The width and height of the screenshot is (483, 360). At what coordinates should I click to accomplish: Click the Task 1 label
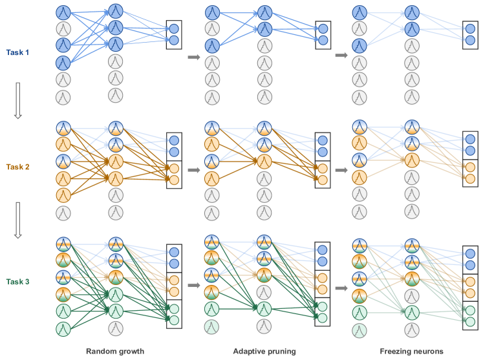click(x=17, y=52)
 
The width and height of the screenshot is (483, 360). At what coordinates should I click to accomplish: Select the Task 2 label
click(x=17, y=167)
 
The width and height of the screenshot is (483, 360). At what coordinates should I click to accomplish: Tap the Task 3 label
click(x=17, y=282)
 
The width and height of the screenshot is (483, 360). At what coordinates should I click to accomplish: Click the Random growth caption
click(x=115, y=351)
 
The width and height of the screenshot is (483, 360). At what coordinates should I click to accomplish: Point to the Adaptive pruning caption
click(x=264, y=351)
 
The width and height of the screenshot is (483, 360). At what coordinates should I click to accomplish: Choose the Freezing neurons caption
click(x=411, y=351)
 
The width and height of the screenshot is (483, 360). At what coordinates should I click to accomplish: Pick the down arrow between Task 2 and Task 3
click(x=18, y=220)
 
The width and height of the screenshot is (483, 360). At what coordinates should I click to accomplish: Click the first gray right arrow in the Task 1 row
click(x=193, y=58)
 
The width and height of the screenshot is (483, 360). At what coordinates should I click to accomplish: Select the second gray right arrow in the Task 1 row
click(x=341, y=56)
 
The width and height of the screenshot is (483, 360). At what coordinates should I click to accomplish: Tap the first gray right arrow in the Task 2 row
click(x=193, y=171)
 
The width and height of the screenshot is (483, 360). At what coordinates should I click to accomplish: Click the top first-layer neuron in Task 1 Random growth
click(x=63, y=12)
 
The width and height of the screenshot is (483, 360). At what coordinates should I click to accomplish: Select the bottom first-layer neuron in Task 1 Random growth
click(x=63, y=98)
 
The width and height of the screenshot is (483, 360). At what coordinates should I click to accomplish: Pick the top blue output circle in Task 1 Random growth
click(x=173, y=28)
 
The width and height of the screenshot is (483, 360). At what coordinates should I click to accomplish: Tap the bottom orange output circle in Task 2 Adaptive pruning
click(x=323, y=180)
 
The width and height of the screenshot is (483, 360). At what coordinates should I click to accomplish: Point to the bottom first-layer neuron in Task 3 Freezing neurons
click(x=359, y=331)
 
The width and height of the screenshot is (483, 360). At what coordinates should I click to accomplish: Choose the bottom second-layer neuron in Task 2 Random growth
click(x=115, y=211)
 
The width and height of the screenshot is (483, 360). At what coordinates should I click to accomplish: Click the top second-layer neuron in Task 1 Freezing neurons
click(x=412, y=12)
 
